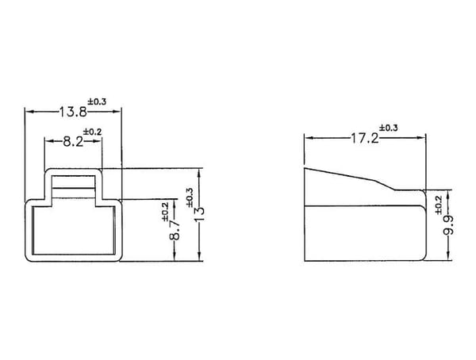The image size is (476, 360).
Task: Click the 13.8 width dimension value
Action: [x=73, y=112]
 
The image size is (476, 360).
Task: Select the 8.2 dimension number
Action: [x=73, y=141]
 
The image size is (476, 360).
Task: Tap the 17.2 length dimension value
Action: [x=365, y=138]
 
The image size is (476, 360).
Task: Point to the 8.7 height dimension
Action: [x=175, y=231]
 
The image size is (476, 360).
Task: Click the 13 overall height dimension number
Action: [x=200, y=214]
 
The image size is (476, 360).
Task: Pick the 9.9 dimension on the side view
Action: [x=448, y=225]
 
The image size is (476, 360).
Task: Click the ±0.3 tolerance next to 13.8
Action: [x=97, y=101]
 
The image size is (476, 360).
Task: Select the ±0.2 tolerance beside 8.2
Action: [x=93, y=132]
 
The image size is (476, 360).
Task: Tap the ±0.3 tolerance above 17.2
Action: [x=389, y=128]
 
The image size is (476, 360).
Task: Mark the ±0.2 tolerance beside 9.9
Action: [x=439, y=205]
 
